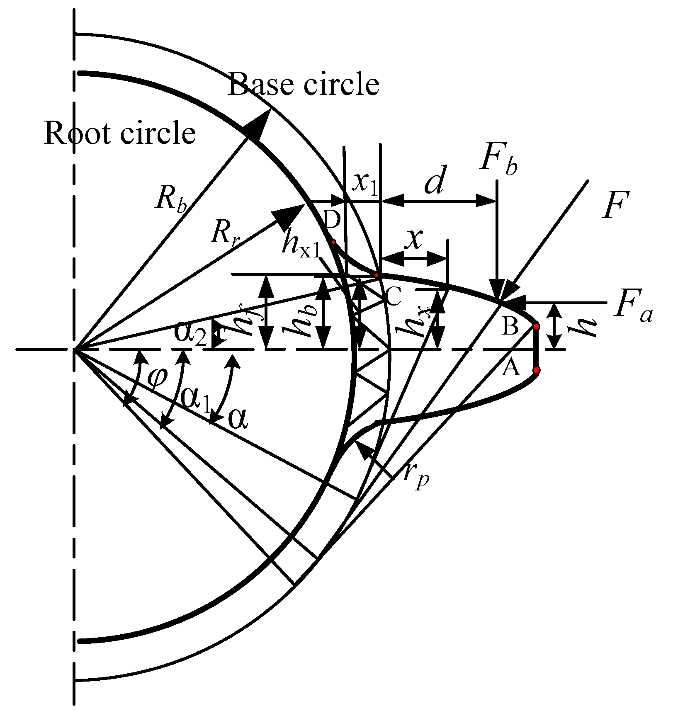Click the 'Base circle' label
tap(303, 84)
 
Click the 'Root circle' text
tap(120, 133)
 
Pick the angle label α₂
tap(190, 334)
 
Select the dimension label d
tap(435, 181)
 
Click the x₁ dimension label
tap(364, 183)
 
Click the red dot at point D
tap(333, 242)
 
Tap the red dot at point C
tap(377, 275)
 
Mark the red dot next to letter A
tap(536, 370)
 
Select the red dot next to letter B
tap(536, 327)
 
